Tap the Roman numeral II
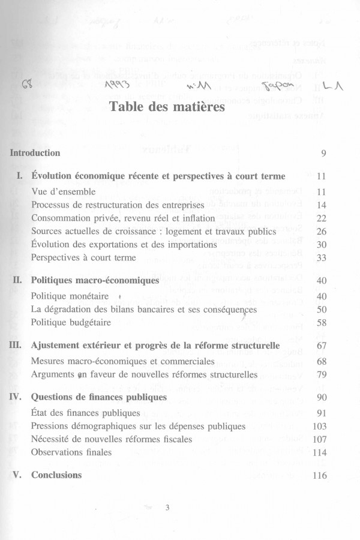pyautogui.click(x=17, y=280)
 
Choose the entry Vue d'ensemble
pyautogui.click(x=59, y=192)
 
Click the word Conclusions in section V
pyautogui.click(x=56, y=475)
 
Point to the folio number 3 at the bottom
pyautogui.click(x=168, y=508)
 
